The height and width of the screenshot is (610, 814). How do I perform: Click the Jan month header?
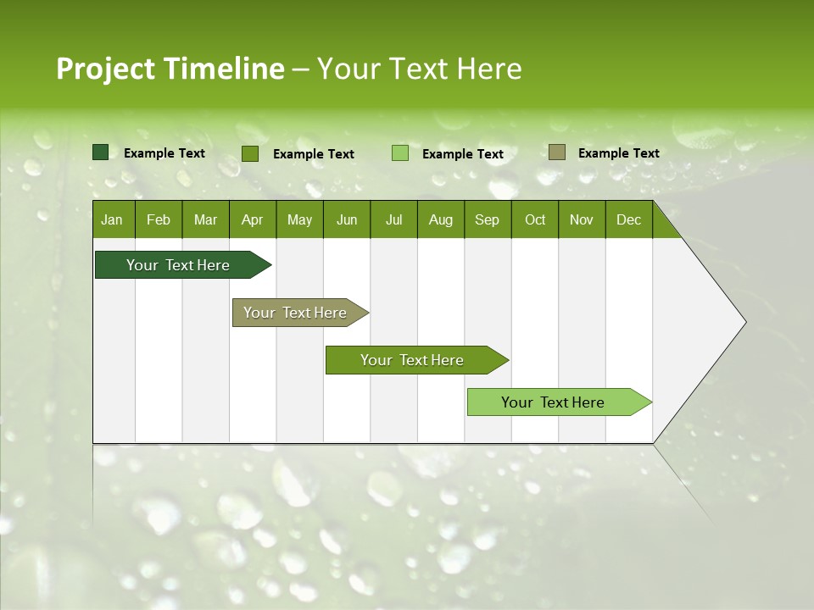coord(112,219)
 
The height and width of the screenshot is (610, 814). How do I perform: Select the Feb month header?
coord(159,219)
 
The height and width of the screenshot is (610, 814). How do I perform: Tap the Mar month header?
coord(205,219)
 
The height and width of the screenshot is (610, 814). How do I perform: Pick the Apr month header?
coord(253,219)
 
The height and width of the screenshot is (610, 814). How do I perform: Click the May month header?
coord(299,219)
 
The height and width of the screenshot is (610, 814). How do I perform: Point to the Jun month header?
coord(347,219)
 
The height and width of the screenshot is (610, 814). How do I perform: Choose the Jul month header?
coord(393,219)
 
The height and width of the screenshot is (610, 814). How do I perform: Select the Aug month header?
coord(441,219)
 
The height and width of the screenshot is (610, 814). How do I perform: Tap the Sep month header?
coord(488,219)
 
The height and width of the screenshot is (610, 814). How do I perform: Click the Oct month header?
coord(535,219)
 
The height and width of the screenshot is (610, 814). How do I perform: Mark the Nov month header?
coord(582,219)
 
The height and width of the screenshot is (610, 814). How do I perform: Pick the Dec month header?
coord(629,219)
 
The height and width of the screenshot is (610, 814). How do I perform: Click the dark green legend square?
coord(101,152)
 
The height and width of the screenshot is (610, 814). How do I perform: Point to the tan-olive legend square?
coord(557,152)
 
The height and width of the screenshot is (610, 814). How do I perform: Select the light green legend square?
coord(400,153)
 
